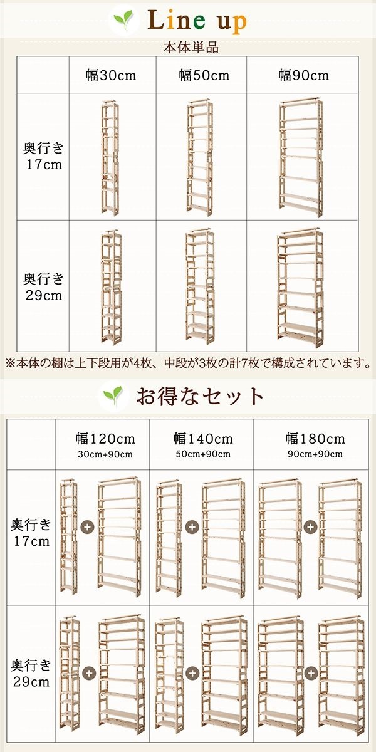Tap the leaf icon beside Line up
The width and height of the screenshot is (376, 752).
(123, 21)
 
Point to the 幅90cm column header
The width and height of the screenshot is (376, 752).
(303, 75)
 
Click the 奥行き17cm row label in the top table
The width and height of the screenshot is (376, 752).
(43, 156)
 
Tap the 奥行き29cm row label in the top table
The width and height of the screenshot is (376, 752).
(43, 286)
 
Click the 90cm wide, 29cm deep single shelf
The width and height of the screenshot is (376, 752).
(300, 288)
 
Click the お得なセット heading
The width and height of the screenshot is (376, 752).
(201, 396)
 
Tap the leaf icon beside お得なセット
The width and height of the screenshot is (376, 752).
(113, 397)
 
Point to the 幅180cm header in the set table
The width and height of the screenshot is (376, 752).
(315, 439)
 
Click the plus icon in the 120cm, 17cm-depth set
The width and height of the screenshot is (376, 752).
(88, 527)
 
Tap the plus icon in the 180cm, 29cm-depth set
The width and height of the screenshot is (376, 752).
(310, 672)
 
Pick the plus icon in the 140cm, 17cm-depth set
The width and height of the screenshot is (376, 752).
(192, 527)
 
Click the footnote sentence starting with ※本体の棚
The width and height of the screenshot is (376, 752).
(187, 363)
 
